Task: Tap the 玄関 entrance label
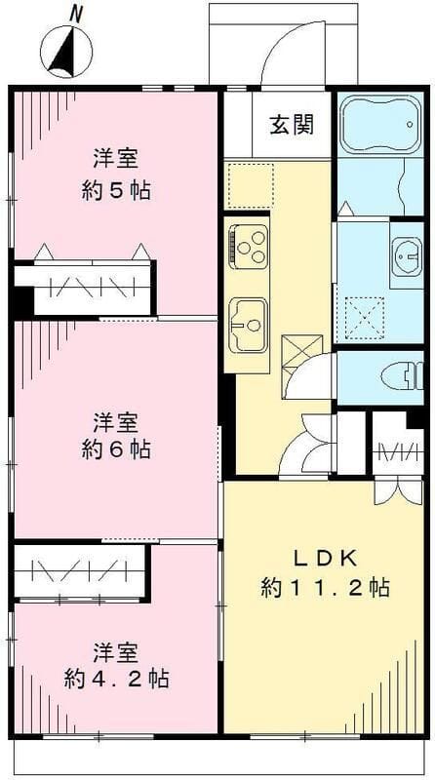point(292,126)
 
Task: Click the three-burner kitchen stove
point(248,245)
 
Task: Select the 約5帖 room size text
point(115,189)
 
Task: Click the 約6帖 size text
point(115,451)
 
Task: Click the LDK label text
point(326,558)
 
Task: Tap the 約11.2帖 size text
point(326,588)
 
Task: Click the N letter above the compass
point(76,13)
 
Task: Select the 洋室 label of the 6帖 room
point(115,423)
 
